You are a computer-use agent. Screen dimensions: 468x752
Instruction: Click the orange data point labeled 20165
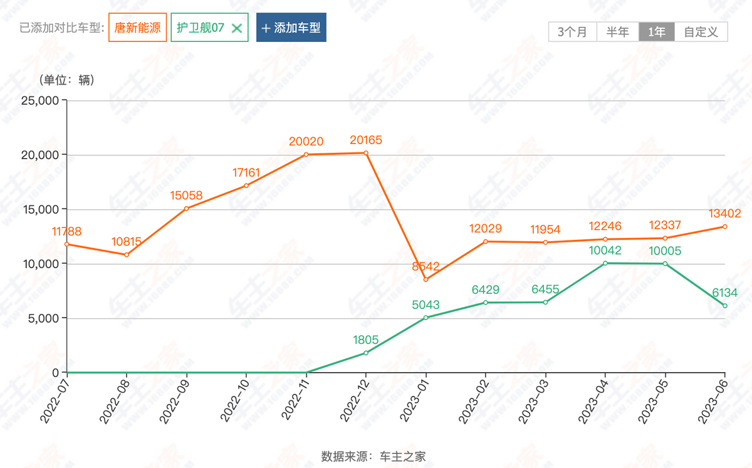366,153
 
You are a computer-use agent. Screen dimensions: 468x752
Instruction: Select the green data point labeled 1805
366,353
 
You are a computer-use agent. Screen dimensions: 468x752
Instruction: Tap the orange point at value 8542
426,279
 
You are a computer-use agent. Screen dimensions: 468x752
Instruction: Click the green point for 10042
605,263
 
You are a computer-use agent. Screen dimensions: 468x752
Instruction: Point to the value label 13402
724,214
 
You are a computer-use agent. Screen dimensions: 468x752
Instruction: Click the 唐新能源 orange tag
137,28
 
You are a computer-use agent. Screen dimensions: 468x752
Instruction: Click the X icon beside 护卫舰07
236,28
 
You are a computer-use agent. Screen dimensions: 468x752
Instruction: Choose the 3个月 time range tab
572,32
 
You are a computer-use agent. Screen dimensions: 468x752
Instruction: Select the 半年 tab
617,32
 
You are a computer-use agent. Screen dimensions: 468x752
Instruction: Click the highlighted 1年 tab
657,32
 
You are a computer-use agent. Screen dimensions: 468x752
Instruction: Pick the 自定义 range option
701,32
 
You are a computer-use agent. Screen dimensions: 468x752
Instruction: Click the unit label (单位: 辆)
66,80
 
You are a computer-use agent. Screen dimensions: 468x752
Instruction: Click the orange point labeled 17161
246,185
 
